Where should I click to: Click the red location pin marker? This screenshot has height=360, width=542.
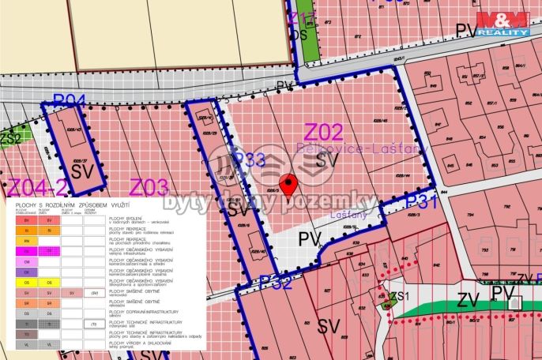click(x=290, y=184)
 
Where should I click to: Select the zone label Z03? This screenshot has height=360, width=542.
click(x=149, y=187)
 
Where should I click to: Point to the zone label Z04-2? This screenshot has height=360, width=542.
click(x=35, y=187)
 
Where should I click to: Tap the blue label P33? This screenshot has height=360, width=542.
click(x=248, y=160)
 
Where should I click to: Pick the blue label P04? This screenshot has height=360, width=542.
click(x=69, y=99)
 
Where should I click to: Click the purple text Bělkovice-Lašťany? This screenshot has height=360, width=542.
click(x=362, y=148)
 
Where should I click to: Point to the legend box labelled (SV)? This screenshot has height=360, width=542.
click(x=94, y=292)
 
